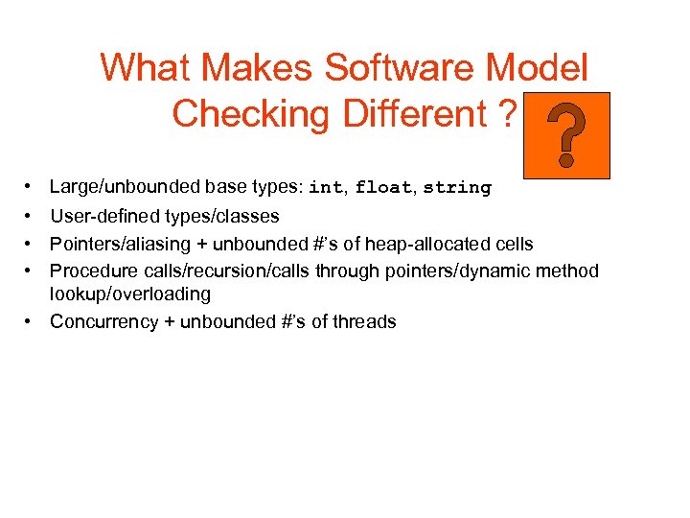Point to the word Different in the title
412,114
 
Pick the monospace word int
325,188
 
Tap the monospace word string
456,188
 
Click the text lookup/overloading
129,294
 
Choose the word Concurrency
104,321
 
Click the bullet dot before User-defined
32,216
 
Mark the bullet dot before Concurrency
32,321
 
